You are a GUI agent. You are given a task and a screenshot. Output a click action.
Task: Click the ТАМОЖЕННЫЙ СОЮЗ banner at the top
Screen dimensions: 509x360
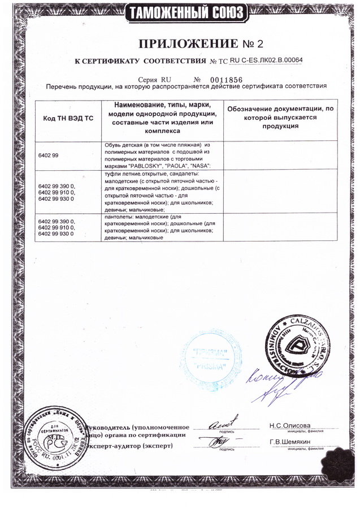coord(179,12)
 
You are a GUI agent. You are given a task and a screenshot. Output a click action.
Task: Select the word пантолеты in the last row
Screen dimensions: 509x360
coord(119,217)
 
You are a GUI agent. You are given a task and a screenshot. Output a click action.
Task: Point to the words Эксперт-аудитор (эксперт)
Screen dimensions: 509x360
coord(141,446)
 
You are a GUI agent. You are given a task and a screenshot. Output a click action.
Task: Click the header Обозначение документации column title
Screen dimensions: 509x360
coord(280,117)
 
